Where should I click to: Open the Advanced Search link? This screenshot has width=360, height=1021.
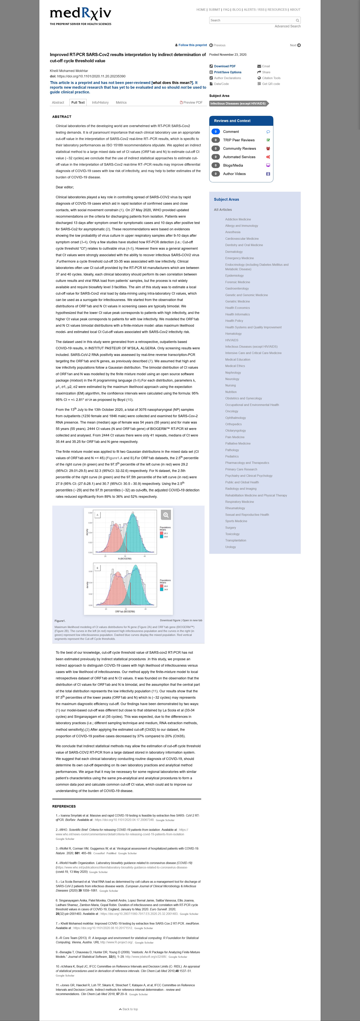(287, 26)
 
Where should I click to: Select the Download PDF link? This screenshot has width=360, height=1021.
(225, 66)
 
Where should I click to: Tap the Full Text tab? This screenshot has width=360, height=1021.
(78, 102)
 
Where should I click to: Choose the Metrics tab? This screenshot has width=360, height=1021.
(121, 102)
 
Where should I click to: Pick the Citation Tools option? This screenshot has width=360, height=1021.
(271, 78)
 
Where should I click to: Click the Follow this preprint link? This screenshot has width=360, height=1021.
(192, 45)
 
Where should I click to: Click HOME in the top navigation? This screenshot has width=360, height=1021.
(201, 10)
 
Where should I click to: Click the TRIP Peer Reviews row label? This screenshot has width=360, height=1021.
(239, 140)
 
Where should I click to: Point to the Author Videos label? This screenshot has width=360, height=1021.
(234, 174)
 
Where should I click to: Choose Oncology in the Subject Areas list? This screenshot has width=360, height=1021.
(232, 411)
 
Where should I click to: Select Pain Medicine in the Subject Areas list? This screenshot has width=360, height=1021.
(235, 437)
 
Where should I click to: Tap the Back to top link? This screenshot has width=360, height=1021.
(128, 1009)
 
